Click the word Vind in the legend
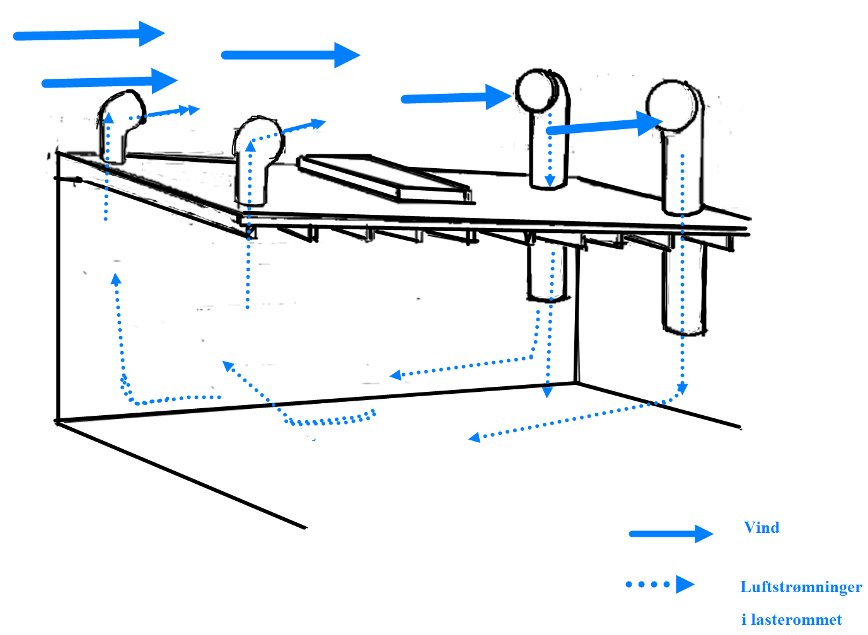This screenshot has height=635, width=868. (x=761, y=527)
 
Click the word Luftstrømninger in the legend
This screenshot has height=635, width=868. (x=801, y=586)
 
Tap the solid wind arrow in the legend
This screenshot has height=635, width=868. (x=671, y=534)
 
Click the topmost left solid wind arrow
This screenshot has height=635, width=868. (x=88, y=34)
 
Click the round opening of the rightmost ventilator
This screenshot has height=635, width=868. (x=673, y=106)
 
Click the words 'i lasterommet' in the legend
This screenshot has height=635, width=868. (x=791, y=619)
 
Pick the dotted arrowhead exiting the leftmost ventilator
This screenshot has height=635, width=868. (x=190, y=110)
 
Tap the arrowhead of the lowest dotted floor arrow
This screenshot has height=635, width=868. (x=475, y=437)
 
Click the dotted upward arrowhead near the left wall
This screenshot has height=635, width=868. (x=116, y=279)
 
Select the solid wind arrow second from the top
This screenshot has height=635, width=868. (x=290, y=55)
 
